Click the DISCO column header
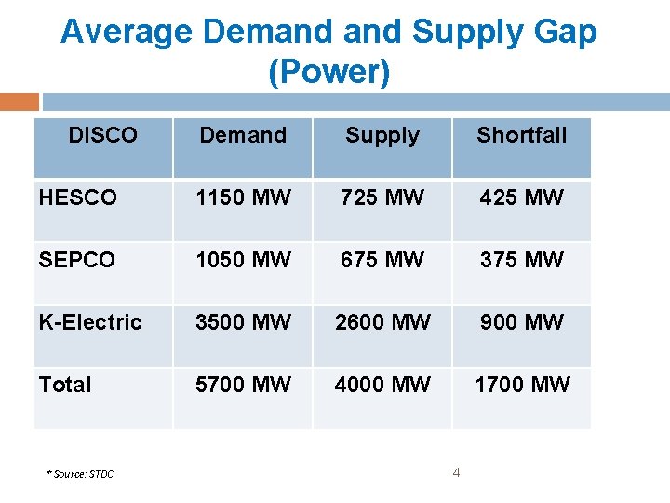click(102, 136)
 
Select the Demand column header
click(243, 136)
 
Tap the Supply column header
click(382, 136)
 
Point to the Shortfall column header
click(522, 136)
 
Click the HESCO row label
click(78, 197)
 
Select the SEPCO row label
click(77, 260)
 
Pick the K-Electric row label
click(90, 322)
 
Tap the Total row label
click(65, 385)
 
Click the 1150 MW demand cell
click(243, 197)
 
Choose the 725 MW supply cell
click(382, 197)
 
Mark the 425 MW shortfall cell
click(522, 197)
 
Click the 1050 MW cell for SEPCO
click(243, 260)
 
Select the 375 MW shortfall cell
click(522, 260)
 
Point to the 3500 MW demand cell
click(243, 322)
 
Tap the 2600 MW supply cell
click(382, 322)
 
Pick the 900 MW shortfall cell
click(522, 322)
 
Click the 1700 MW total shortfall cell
click(522, 385)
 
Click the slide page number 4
click(456, 472)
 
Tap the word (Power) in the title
click(328, 73)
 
